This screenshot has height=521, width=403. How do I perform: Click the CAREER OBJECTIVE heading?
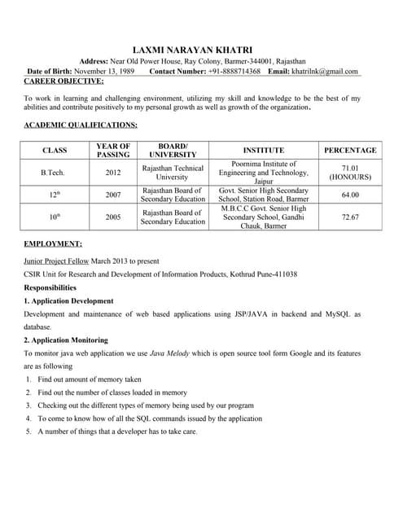point(64,81)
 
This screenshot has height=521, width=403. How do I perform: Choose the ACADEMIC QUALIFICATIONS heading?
point(81,125)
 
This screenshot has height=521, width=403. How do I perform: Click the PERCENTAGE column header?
point(350,150)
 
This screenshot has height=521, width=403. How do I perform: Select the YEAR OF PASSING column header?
point(113,150)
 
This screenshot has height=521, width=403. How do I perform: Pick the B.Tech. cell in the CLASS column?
point(53,173)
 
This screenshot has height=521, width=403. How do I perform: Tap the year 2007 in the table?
point(113,195)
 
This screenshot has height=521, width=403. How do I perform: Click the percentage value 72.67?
point(350,217)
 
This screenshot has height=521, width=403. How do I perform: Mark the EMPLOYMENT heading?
point(53,243)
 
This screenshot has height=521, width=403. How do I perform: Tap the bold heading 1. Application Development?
point(68,301)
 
